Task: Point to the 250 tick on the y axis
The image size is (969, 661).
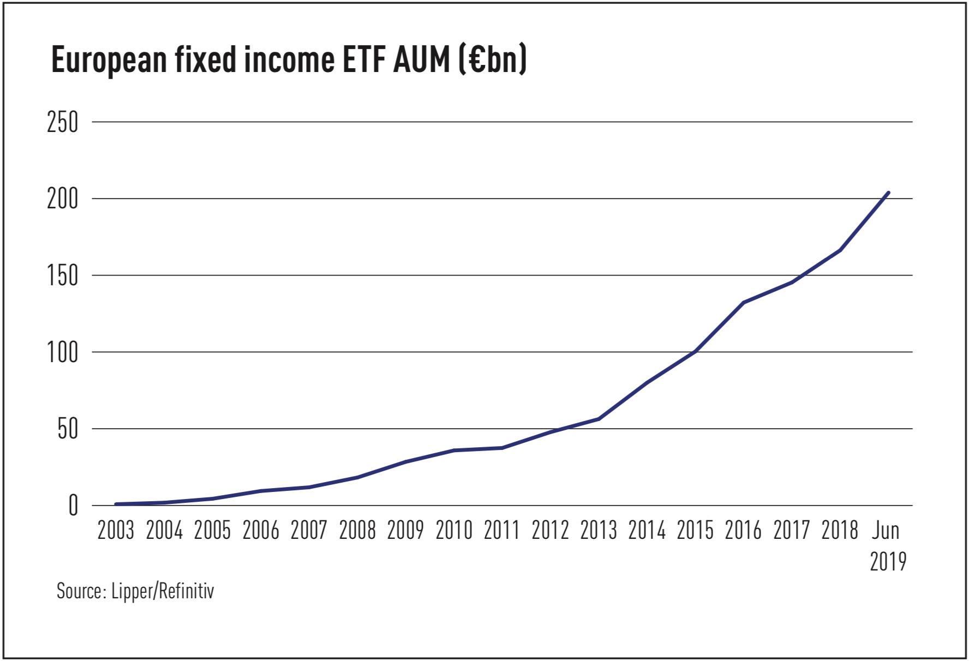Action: (x=63, y=122)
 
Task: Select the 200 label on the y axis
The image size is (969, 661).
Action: (x=63, y=199)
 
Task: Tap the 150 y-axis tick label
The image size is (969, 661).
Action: (x=63, y=276)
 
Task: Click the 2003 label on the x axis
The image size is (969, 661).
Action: (x=116, y=530)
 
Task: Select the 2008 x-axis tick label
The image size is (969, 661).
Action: (x=357, y=530)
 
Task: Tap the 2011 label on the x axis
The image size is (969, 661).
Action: (x=502, y=530)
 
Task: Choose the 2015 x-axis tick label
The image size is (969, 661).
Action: (x=695, y=530)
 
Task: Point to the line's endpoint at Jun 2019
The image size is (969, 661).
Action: (x=888, y=193)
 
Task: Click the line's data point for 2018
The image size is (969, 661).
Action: (x=840, y=250)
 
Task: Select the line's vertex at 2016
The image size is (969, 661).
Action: (x=744, y=302)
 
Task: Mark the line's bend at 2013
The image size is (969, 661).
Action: (x=599, y=419)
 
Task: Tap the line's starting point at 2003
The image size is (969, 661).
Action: (x=116, y=504)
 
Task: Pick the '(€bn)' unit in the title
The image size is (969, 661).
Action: (x=493, y=60)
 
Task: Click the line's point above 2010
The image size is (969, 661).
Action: (x=454, y=450)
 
